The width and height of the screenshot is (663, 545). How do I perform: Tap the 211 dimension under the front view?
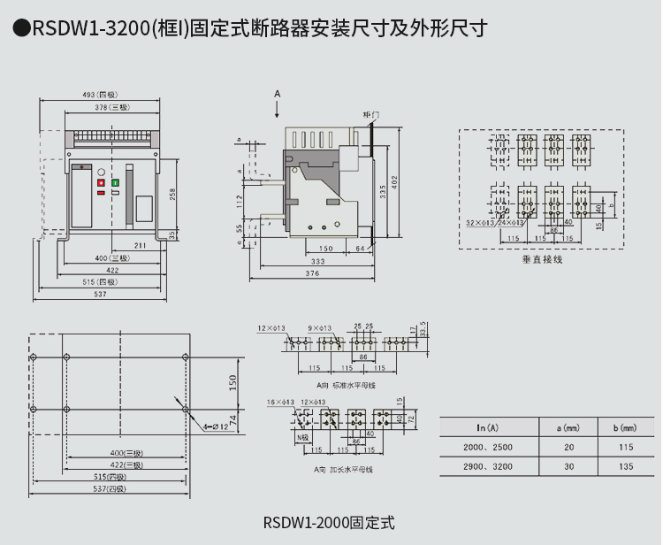141,244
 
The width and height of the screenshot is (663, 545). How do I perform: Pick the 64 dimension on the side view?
360,249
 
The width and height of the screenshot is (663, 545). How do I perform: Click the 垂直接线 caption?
541,259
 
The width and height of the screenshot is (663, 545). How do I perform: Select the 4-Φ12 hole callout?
215,427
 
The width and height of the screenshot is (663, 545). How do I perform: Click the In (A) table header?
488,427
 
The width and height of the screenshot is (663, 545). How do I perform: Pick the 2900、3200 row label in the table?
488,466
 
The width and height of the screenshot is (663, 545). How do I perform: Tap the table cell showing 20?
569,447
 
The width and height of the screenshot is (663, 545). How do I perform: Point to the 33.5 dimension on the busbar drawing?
423,329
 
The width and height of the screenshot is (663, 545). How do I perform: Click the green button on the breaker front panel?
116,181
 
